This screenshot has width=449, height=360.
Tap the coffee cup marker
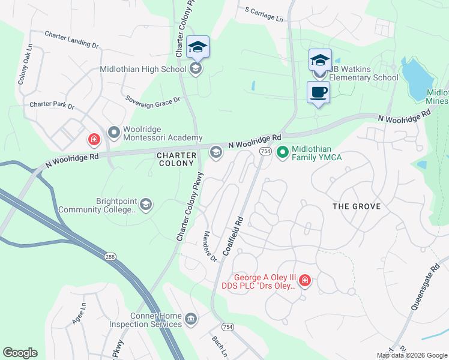click(x=319, y=93)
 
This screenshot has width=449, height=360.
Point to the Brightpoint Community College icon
click(x=146, y=205)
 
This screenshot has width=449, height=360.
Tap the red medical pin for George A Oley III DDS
click(x=305, y=281)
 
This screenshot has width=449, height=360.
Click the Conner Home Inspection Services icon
click(x=191, y=317)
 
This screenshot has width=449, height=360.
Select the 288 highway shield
click(x=111, y=256)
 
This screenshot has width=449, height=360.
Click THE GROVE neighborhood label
click(x=357, y=206)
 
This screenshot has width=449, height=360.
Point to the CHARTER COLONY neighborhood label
click(x=176, y=160)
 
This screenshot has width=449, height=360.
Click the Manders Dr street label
click(x=209, y=247)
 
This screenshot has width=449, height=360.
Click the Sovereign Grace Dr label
click(x=152, y=100)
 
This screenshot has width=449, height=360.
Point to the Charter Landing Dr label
click(x=71, y=40)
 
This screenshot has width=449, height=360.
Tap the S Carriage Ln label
click(x=264, y=15)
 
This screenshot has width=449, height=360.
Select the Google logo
click(x=20, y=353)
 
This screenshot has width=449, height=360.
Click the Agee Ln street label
click(x=79, y=313)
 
